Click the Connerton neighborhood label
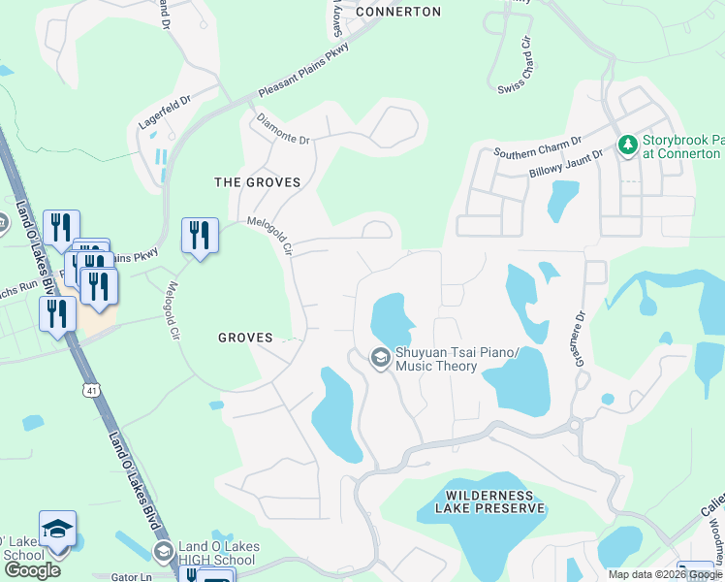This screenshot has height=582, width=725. pos(398,12)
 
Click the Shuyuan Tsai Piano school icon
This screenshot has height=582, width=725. pos(380,359)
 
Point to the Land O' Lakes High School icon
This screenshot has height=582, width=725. pos(163,553)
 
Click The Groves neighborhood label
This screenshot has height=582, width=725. pos(257,182)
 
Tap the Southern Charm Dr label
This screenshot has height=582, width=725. pos(536,148)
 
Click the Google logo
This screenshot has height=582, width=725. pos(32,570)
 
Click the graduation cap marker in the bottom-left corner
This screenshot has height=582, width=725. pos(57,531)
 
